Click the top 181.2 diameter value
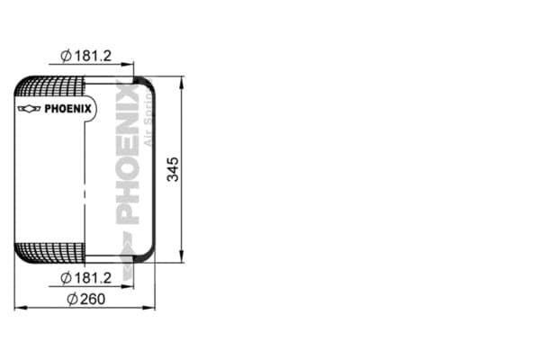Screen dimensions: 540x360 pyautogui.click(x=93, y=56)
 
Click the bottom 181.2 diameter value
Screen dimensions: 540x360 pyautogui.click(x=93, y=278)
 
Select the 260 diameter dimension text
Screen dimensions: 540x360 pyautogui.click(x=93, y=299)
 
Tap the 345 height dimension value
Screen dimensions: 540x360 pyautogui.click(x=173, y=169)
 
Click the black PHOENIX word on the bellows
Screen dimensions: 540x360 pyautogui.click(x=68, y=109)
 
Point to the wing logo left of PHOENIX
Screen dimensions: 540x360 pyautogui.click(x=30, y=109)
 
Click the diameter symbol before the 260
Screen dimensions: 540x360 pyautogui.click(x=72, y=299)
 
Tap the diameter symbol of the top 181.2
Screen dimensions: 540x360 pyautogui.click(x=66, y=56)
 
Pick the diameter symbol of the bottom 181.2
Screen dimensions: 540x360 pyautogui.click(x=66, y=278)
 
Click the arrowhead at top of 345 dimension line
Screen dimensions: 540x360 pyautogui.click(x=182, y=82)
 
